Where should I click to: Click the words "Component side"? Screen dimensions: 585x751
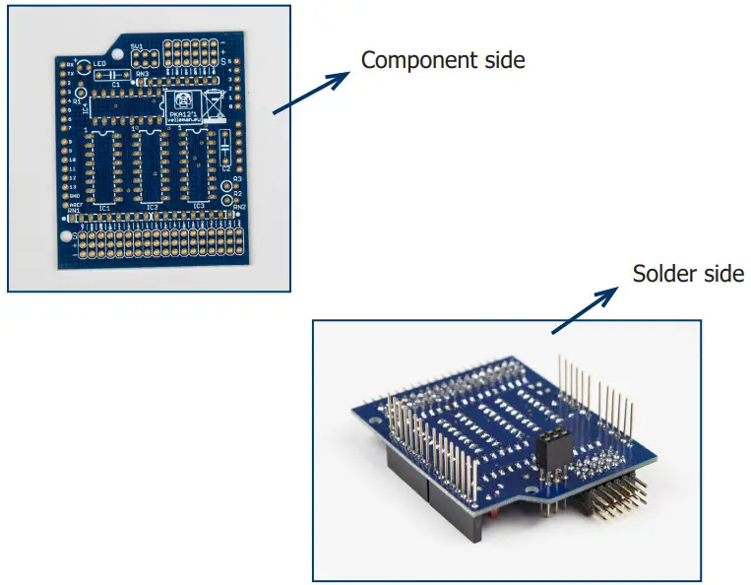(442, 60)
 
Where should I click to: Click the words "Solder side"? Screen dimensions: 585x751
(687, 273)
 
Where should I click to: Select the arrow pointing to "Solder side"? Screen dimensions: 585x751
(589, 306)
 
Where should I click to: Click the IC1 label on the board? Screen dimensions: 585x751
(104, 208)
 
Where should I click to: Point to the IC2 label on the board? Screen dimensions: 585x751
(152, 208)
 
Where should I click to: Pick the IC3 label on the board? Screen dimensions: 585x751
(199, 207)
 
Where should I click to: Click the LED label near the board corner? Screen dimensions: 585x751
(100, 65)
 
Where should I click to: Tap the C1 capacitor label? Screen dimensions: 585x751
(116, 85)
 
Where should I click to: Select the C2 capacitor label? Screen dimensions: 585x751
(225, 169)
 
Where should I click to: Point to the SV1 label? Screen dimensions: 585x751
(137, 47)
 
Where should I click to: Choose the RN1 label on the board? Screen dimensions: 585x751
(74, 211)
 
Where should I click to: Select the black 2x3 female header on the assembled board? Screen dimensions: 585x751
(553, 455)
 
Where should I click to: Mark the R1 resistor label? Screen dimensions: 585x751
(78, 101)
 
